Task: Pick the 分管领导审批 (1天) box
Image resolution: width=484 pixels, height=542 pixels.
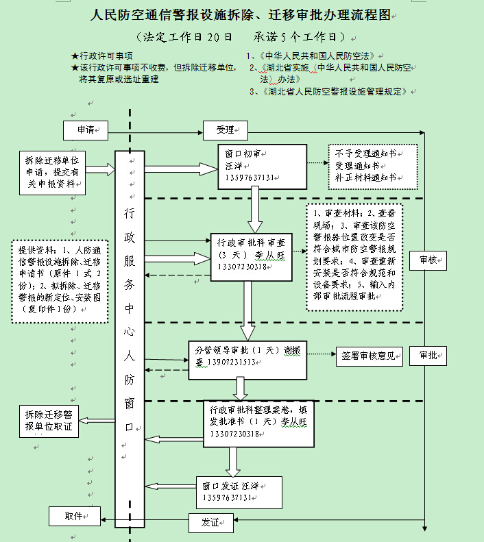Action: tap(247, 357)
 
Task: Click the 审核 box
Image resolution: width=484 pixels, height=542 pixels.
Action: tap(427, 259)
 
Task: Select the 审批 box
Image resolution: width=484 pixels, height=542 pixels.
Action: tap(427, 355)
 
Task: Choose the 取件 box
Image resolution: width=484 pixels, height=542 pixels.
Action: tap(75, 516)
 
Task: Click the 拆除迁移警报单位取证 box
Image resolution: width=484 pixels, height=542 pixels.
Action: tap(49, 421)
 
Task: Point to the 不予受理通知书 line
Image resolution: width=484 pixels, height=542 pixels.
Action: tap(365, 153)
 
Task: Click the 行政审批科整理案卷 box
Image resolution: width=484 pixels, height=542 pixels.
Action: tap(258, 421)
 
